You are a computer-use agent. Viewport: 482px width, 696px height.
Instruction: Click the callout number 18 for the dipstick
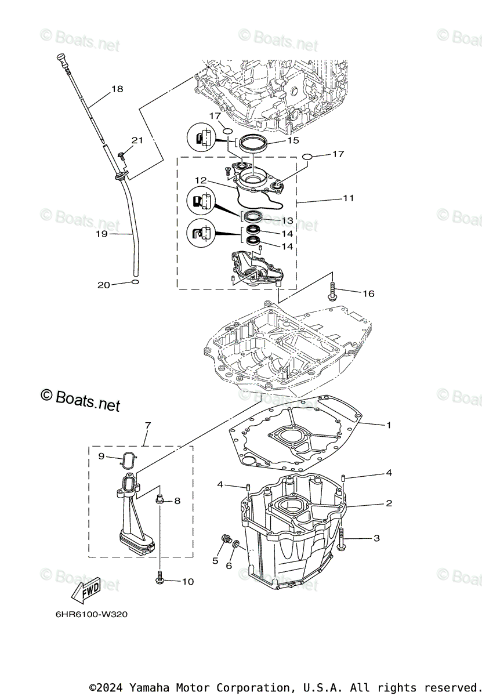tap(117, 89)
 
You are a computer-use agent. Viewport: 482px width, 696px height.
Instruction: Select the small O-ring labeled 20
tap(135, 282)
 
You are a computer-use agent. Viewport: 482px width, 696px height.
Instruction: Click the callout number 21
tap(137, 140)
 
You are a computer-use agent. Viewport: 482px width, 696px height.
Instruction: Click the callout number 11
tap(348, 198)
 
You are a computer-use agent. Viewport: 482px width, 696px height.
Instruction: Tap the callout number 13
tap(288, 221)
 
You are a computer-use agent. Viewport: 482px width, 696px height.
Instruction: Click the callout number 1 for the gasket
tap(389, 425)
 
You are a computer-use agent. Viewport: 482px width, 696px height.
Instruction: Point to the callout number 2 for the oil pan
tap(389, 503)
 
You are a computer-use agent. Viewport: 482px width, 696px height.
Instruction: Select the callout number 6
tap(229, 565)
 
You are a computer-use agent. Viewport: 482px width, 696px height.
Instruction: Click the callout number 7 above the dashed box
tap(147, 426)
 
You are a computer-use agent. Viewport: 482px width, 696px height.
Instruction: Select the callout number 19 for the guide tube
tap(102, 235)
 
